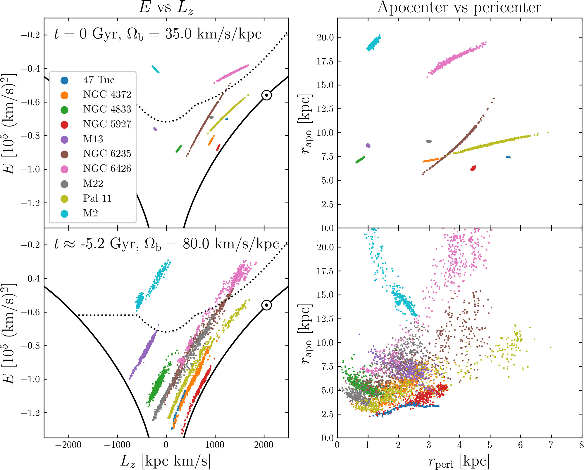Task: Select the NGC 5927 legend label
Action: pyautogui.click(x=107, y=124)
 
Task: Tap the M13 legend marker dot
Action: pyautogui.click(x=64, y=139)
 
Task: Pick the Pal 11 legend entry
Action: pyautogui.click(x=97, y=199)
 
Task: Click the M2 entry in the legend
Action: pyautogui.click(x=90, y=213)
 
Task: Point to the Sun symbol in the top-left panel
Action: pyautogui.click(x=266, y=95)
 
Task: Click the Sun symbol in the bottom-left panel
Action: pyautogui.click(x=266, y=305)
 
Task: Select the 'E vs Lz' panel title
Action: pyautogui.click(x=166, y=8)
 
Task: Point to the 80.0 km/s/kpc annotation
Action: pyautogui.click(x=231, y=244)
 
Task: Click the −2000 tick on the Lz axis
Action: pyautogui.click(x=69, y=445)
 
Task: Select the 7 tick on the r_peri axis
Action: pyautogui.click(x=551, y=445)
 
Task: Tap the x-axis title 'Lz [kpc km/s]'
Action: pyautogui.click(x=166, y=461)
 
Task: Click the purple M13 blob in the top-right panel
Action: pyautogui.click(x=368, y=145)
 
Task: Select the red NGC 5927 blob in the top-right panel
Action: pyautogui.click(x=473, y=168)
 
